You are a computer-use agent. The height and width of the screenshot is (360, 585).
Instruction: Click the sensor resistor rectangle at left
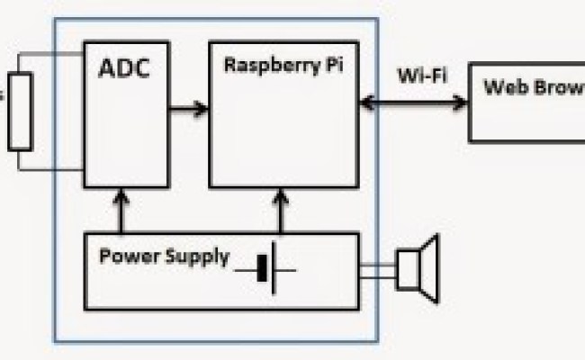pyautogui.click(x=20, y=112)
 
